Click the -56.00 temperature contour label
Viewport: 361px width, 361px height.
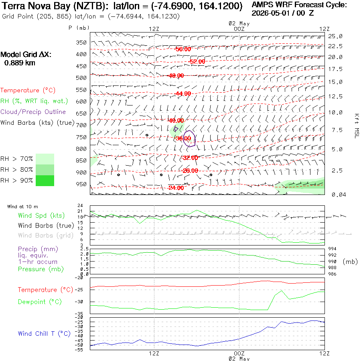183,49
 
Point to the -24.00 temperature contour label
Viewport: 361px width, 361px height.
176,188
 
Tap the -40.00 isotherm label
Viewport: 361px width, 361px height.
176,120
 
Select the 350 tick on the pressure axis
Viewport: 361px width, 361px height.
81,43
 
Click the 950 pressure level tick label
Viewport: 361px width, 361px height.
81,184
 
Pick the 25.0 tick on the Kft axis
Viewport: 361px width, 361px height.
335,36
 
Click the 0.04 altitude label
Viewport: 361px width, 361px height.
339,195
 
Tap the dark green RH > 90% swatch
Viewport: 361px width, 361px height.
45,181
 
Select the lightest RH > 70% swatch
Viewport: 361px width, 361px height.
45,159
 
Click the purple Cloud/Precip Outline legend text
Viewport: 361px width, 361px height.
33,112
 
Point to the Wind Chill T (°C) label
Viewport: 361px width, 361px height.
44,334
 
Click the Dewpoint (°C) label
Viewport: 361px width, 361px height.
40,302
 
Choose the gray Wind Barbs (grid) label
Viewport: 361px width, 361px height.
46,235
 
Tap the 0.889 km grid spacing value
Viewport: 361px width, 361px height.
20,63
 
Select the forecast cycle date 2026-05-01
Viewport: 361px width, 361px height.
270,13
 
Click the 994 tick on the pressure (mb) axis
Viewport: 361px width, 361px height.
332,249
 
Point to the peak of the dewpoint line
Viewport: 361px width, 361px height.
282,291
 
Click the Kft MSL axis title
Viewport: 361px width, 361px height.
357,126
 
